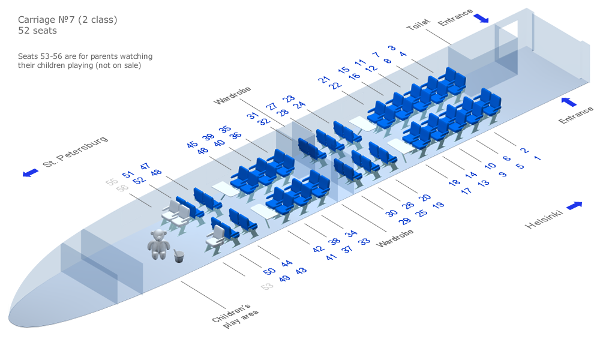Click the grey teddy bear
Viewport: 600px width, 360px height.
pyautogui.click(x=158, y=244)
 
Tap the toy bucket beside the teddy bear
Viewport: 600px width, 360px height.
pyautogui.click(x=179, y=256)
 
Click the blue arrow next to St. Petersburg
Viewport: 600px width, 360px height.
pyautogui.click(x=31, y=173)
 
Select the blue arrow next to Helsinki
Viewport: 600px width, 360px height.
pyautogui.click(x=574, y=205)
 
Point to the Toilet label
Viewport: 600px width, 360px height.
pyautogui.click(x=418, y=25)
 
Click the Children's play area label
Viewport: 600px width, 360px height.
pyautogui.click(x=235, y=316)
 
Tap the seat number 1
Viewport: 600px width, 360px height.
pyautogui.click(x=538, y=158)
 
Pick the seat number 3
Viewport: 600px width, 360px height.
pyautogui.click(x=391, y=48)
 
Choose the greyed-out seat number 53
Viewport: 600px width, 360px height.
pyautogui.click(x=267, y=287)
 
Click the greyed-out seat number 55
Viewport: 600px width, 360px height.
pyautogui.click(x=112, y=182)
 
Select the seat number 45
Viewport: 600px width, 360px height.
pyautogui.click(x=192, y=145)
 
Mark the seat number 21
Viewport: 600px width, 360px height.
pyautogui.click(x=324, y=80)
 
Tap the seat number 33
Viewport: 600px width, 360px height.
pyautogui.click(x=364, y=241)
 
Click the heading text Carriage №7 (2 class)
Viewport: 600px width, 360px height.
pyautogui.click(x=68, y=20)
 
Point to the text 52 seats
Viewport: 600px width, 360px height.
pyautogui.click(x=37, y=31)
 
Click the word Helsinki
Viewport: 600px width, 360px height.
pyautogui.click(x=544, y=219)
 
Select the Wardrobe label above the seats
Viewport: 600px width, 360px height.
pyautogui.click(x=232, y=95)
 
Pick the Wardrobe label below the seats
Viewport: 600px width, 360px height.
pyautogui.click(x=395, y=238)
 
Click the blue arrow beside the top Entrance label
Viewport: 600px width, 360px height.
pyautogui.click(x=481, y=19)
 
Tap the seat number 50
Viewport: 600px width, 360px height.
pyautogui.click(x=269, y=271)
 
